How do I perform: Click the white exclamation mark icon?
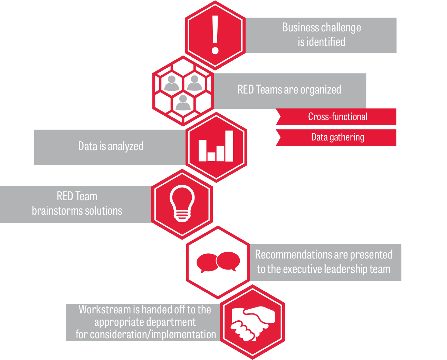[x=215, y=35]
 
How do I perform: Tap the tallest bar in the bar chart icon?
[x=229, y=146]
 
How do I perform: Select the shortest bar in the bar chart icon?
[x=211, y=157]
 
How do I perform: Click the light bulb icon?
[x=182, y=203]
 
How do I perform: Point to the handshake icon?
[x=253, y=323]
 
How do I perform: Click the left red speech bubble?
[x=207, y=263]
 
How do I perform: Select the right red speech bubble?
[x=228, y=261]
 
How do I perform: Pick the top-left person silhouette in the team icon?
[x=172, y=83]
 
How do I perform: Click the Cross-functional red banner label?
[x=337, y=117]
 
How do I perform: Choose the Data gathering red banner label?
[x=337, y=137]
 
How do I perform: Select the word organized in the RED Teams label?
[x=321, y=90]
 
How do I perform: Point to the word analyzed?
[x=125, y=146]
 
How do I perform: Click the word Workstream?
[x=105, y=310]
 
